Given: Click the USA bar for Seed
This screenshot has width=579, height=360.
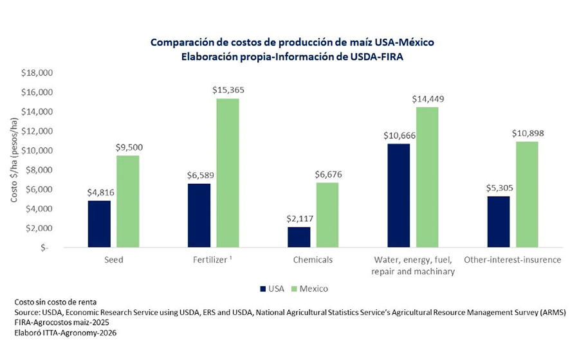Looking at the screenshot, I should (99, 224).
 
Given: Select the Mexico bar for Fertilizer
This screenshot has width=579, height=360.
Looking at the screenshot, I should (228, 172).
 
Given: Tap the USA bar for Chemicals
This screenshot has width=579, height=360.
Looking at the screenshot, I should (299, 237).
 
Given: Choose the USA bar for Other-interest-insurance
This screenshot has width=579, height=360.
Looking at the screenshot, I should (498, 221).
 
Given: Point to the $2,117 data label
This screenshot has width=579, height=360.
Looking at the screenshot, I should (299, 219).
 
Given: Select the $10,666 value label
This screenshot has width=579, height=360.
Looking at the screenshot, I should (399, 136).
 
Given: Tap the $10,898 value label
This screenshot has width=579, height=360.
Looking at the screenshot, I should (527, 133).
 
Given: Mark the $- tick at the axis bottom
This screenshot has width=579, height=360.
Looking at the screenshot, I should (44, 248).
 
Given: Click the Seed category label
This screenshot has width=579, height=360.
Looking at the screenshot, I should (114, 260).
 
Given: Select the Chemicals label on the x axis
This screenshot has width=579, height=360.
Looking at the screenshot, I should (312, 260).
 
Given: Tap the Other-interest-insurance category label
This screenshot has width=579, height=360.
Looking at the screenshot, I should (512, 260).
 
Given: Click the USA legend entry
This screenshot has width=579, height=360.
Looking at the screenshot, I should (272, 289).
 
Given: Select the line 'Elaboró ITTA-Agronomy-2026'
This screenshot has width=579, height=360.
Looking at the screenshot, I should (62, 333).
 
